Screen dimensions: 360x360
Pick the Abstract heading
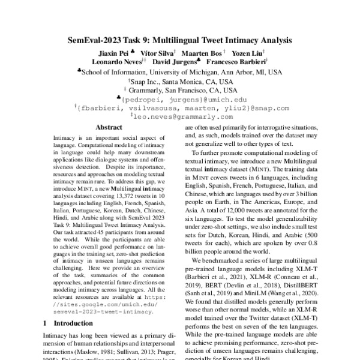(x=109, y=128)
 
